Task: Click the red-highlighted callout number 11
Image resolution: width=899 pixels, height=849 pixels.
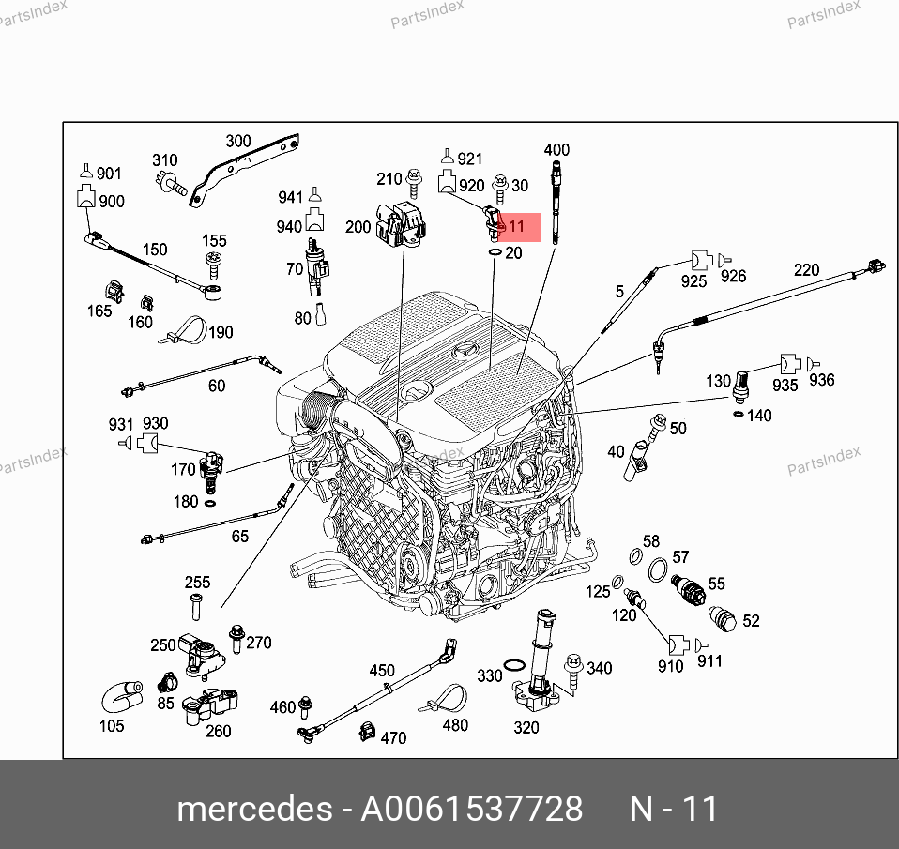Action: pos(516,226)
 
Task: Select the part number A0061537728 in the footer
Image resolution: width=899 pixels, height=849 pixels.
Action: pos(471,809)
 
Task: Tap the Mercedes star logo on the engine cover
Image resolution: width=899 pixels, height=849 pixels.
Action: pos(465,351)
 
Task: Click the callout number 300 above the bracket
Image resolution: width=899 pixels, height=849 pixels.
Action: pos(238,141)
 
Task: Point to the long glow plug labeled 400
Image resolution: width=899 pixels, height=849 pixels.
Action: pos(556,203)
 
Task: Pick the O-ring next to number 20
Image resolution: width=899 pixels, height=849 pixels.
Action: pos(495,252)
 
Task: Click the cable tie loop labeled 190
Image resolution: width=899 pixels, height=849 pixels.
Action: pos(184,331)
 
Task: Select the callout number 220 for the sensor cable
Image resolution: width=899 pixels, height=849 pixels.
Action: pos(807,269)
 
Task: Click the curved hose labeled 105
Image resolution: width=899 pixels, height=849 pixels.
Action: pos(122,696)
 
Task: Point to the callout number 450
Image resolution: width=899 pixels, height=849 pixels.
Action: pos(382,671)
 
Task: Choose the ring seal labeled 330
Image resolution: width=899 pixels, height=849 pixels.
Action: pos(514,666)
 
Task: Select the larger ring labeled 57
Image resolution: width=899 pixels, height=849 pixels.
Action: pos(658,569)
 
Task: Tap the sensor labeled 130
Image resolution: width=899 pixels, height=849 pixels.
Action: pos(740,387)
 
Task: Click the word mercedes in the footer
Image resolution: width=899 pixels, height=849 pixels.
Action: pos(254,809)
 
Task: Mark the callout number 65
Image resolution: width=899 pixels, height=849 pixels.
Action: pos(240,537)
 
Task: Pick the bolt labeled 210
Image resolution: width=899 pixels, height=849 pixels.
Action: pos(414,184)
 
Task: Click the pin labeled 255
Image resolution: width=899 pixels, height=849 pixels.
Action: pos(196,607)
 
